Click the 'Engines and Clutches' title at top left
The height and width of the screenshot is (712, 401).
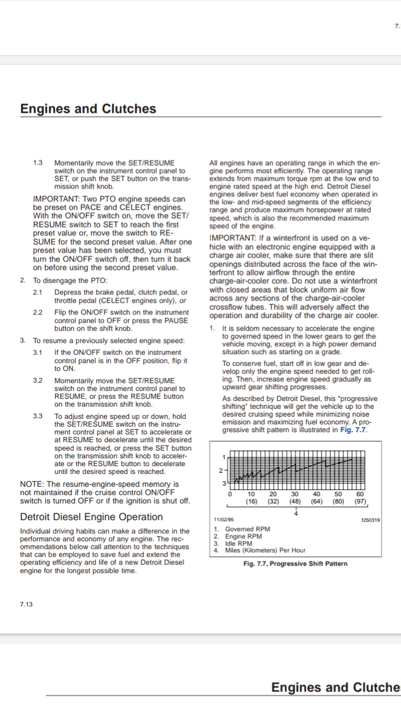click(88, 108)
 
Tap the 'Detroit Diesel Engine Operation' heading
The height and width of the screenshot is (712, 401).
click(91, 517)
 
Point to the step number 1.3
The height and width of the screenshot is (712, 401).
click(38, 162)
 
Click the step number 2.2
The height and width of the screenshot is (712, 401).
click(38, 312)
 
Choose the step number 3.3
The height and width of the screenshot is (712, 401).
click(38, 416)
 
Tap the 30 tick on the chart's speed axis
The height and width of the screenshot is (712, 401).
click(295, 494)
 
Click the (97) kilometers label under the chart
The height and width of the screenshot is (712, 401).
click(360, 501)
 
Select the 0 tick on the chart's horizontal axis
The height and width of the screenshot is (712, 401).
click(229, 494)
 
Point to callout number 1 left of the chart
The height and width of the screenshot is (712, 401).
click(224, 457)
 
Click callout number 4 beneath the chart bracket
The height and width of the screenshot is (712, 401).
click(296, 513)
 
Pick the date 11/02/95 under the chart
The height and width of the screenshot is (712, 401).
click(224, 521)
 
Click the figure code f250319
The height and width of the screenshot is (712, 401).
click(370, 521)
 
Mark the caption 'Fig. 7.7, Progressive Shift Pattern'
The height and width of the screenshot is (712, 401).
click(295, 563)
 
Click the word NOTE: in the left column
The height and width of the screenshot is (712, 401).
click(32, 484)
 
